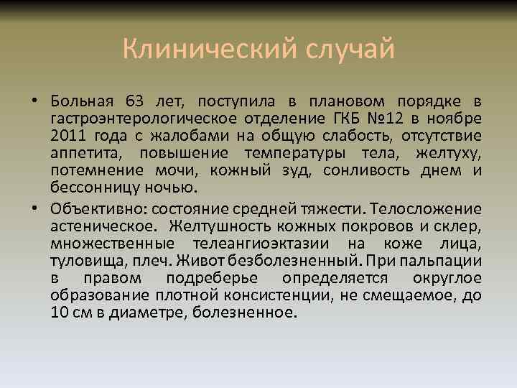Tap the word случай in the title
[351, 50]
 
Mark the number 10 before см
[60, 313]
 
